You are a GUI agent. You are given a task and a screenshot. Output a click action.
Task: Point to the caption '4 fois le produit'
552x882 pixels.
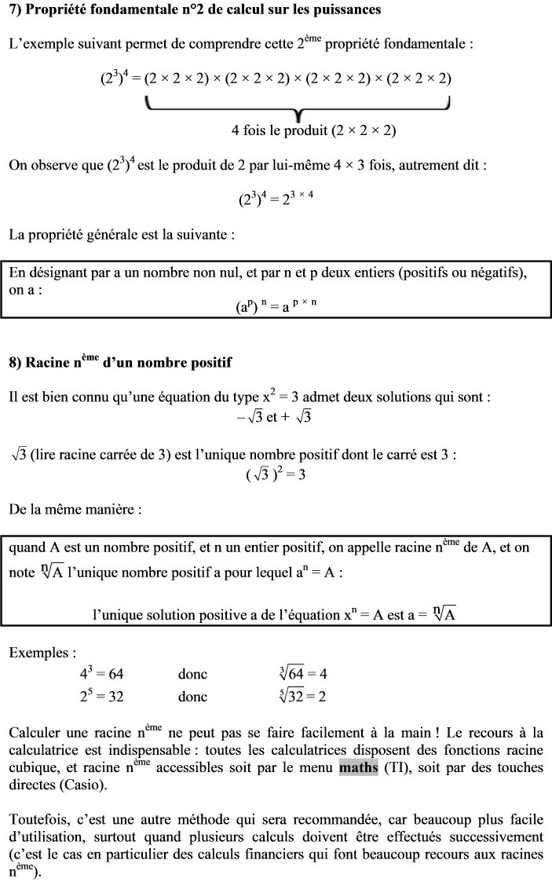tap(313, 130)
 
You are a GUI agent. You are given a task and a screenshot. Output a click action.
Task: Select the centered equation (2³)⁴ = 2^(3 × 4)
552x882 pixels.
tap(276, 199)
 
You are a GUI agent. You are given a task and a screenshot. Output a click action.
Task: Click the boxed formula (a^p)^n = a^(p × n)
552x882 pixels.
tap(276, 307)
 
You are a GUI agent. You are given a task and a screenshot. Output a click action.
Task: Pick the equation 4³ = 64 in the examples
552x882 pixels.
tap(101, 674)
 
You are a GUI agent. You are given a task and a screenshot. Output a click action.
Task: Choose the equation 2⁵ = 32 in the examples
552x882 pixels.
tap(101, 697)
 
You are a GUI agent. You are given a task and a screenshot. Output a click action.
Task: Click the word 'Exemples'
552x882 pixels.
tap(42, 653)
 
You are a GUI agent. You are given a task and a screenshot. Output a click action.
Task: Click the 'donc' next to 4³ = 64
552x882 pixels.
tap(192, 674)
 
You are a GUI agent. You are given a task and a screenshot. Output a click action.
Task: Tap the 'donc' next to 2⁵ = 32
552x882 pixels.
tap(192, 697)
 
